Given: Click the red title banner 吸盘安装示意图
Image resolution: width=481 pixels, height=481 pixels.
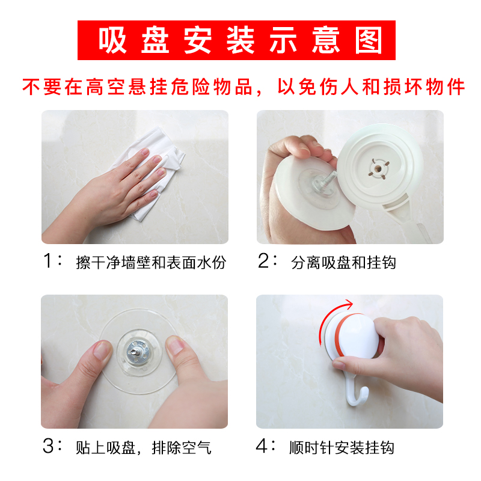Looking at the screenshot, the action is pos(236,40).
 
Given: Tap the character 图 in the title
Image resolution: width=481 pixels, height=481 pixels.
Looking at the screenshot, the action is pos(369,40).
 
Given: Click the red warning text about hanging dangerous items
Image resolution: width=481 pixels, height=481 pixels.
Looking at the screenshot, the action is pos(244,87).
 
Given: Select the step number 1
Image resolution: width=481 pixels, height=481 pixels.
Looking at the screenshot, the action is pos(47,261).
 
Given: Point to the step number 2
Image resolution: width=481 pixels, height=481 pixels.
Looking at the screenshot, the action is pos(263,261).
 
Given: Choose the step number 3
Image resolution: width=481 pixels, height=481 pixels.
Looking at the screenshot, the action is pos(49,446).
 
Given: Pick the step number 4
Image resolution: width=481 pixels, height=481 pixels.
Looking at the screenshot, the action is pos(262,446).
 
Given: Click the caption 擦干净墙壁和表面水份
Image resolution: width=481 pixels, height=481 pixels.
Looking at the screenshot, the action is pos(151,263).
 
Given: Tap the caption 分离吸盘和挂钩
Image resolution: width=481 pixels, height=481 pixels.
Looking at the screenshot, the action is pos(343,263).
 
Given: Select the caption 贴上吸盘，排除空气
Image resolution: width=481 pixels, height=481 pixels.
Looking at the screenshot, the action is pos(144,448).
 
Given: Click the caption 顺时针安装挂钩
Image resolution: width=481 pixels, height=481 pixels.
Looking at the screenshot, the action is pos(342,448).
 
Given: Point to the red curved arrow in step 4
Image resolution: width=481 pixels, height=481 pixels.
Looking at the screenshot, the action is pos(327,314).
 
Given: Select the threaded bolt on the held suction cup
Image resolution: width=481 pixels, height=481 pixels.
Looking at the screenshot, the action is pos(326,179).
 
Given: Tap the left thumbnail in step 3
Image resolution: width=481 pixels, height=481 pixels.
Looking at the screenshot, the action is pos(102,350).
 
